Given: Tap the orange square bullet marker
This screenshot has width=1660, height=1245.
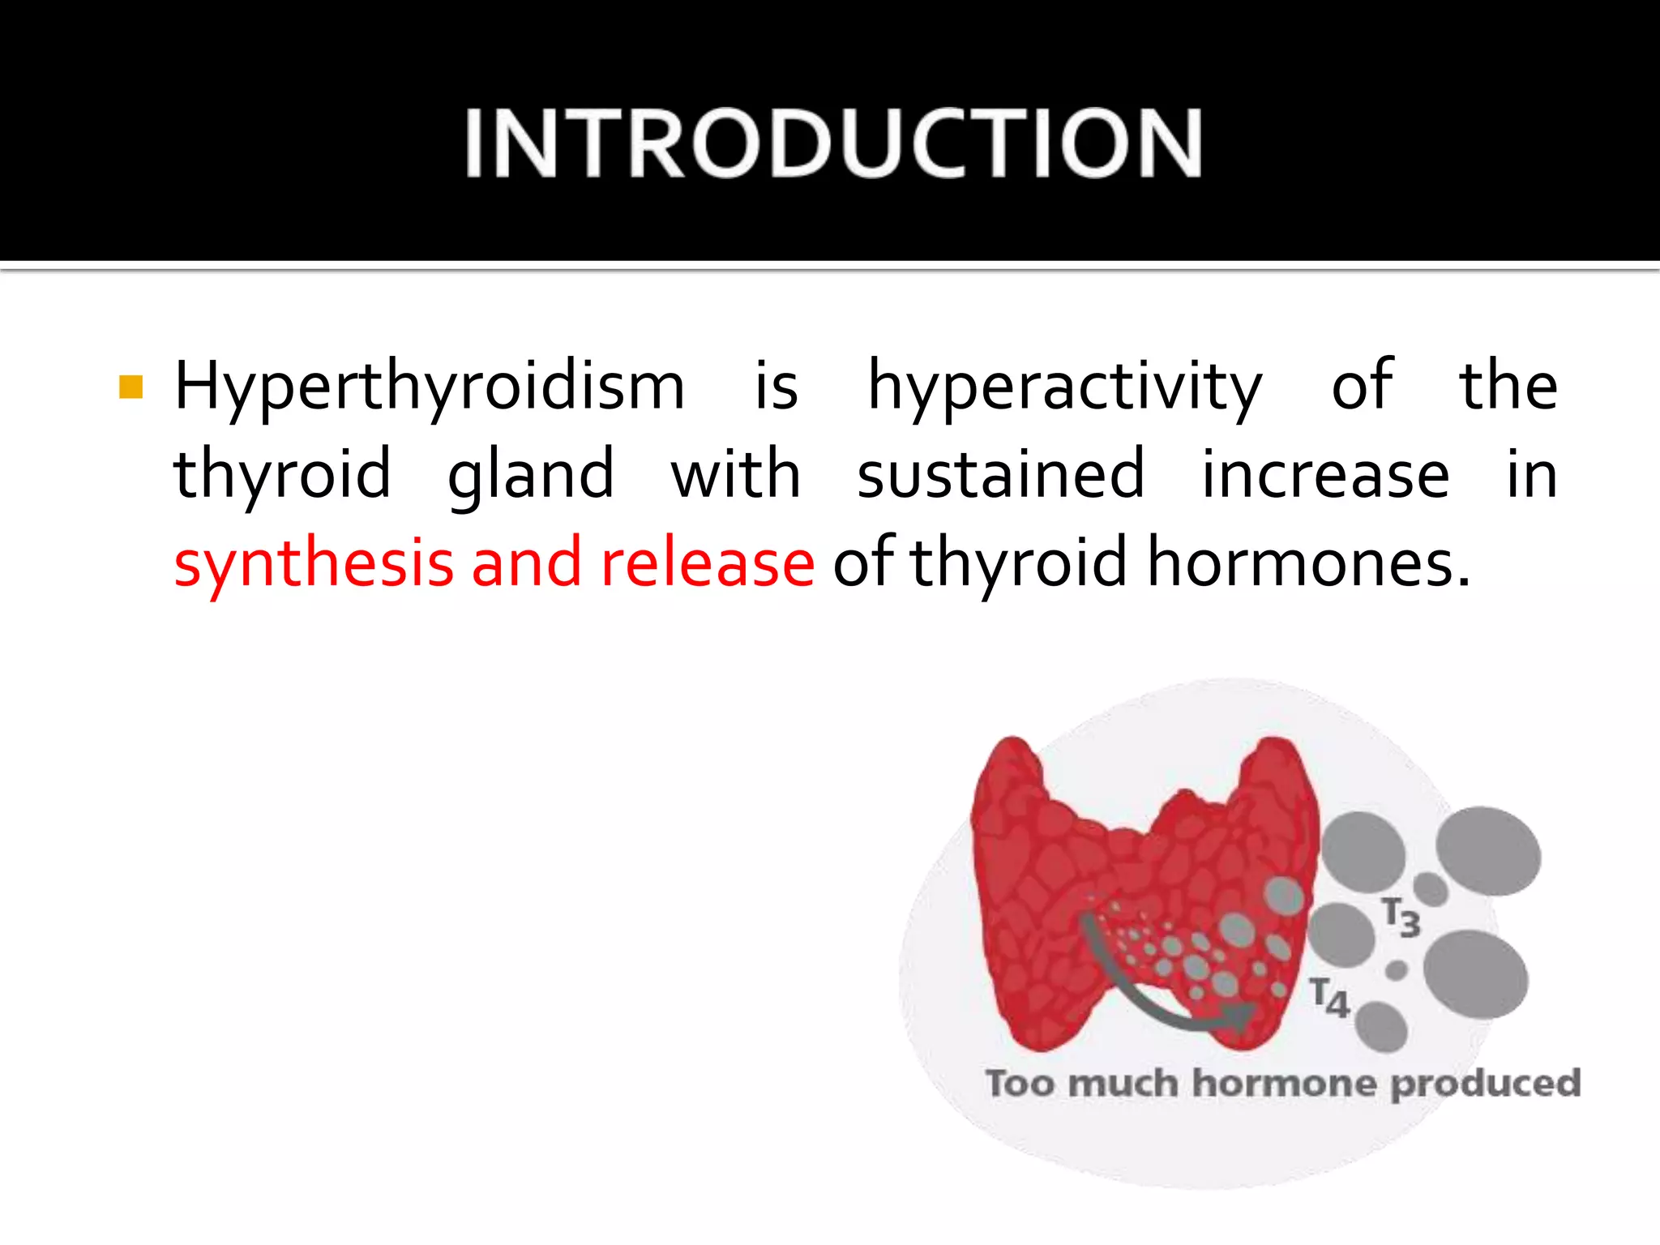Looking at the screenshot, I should (x=130, y=387).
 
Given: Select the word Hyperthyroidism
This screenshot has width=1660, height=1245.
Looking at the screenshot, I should (x=430, y=387).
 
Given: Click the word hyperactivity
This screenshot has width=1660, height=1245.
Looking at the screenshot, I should (x=1064, y=387).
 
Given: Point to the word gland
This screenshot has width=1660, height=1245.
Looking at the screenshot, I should (x=531, y=475).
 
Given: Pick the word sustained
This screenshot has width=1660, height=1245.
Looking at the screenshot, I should (x=1001, y=475).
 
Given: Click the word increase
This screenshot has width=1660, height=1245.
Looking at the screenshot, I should (x=1324, y=475).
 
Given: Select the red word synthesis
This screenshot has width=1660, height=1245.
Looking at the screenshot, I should (x=314, y=563).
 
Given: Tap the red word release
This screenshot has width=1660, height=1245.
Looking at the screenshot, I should (x=707, y=563).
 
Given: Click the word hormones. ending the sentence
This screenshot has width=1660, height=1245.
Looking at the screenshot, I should (x=1308, y=563).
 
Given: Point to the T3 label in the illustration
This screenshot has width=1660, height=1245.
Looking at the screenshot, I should (x=1401, y=918).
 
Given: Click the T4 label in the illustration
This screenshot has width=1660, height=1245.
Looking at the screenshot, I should (x=1329, y=998).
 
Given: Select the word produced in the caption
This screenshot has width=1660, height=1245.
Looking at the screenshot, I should (x=1486, y=1085).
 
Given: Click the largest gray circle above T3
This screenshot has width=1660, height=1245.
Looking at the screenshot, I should (x=1487, y=851).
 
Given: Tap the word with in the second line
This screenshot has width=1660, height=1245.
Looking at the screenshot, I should (x=736, y=475).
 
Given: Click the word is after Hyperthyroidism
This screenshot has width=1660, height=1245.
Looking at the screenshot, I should (x=776, y=387).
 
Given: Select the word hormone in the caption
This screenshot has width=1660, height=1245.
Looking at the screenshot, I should (x=1284, y=1084).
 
